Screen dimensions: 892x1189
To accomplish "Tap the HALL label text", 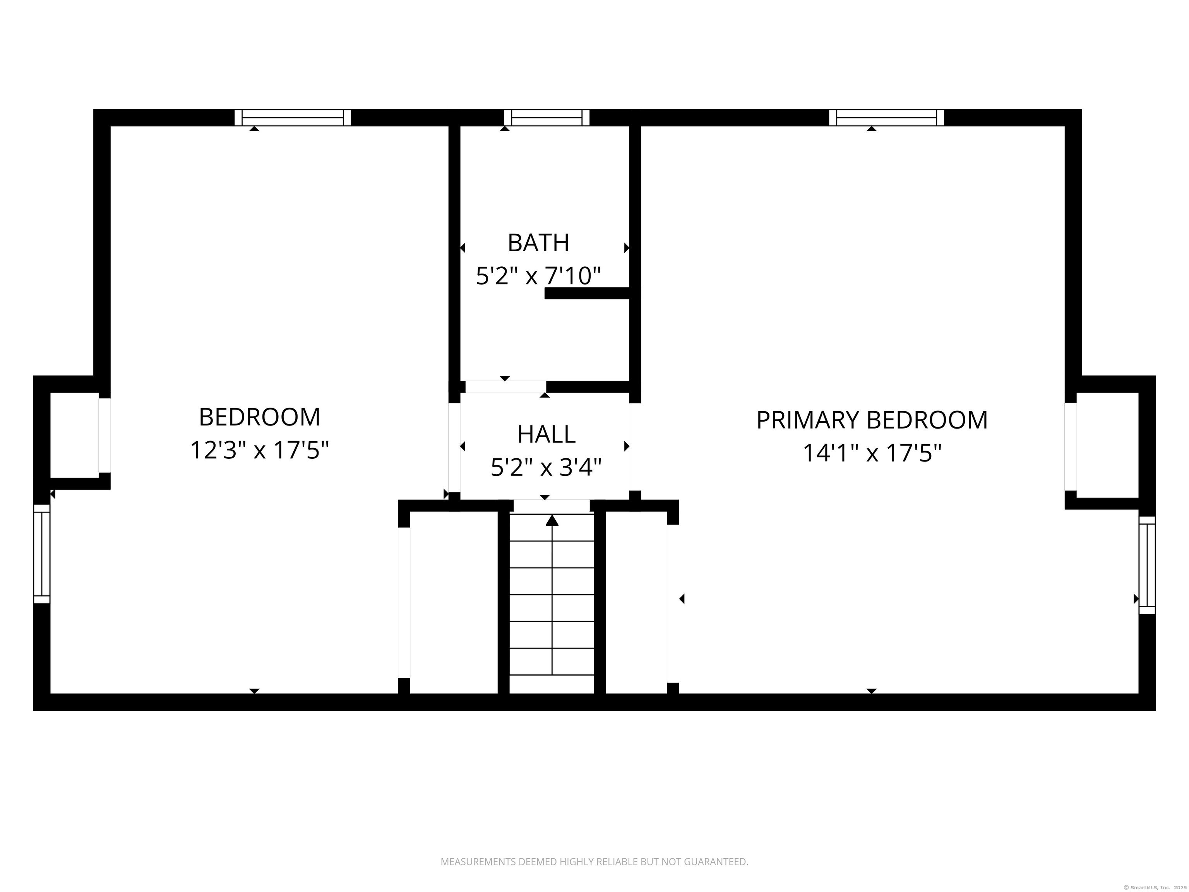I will [x=546, y=434].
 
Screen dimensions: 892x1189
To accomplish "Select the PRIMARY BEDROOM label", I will [x=871, y=420].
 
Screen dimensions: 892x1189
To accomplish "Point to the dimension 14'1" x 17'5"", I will [x=871, y=453].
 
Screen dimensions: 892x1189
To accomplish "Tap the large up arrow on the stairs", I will [x=552, y=520].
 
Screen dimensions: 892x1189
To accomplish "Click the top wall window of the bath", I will [x=547, y=117].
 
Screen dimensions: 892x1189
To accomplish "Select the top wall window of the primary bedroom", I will [x=886, y=117].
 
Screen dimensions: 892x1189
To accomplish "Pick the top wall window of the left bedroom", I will [x=293, y=117].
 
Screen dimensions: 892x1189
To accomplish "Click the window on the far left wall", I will [x=42, y=554].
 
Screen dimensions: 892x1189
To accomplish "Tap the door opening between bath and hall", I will [x=505, y=387].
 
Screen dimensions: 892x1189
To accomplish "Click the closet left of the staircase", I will [x=453, y=602].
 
